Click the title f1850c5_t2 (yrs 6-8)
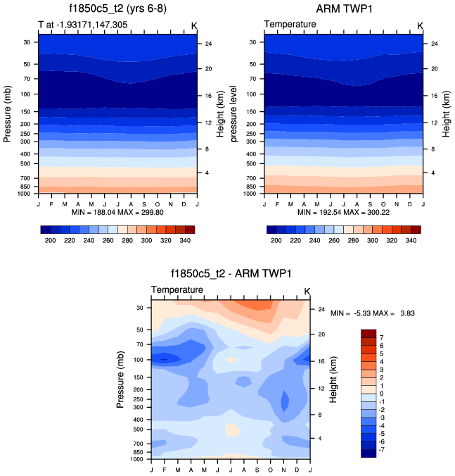(x=117, y=10)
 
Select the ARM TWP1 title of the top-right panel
(x=344, y=10)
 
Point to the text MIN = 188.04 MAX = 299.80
(x=117, y=212)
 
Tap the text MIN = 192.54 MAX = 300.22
(x=344, y=212)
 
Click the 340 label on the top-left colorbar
(x=186, y=240)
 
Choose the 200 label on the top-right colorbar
(x=276, y=240)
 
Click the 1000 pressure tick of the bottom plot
(x=136, y=459)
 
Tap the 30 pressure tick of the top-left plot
(x=25, y=42)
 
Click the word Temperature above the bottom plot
(x=177, y=289)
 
